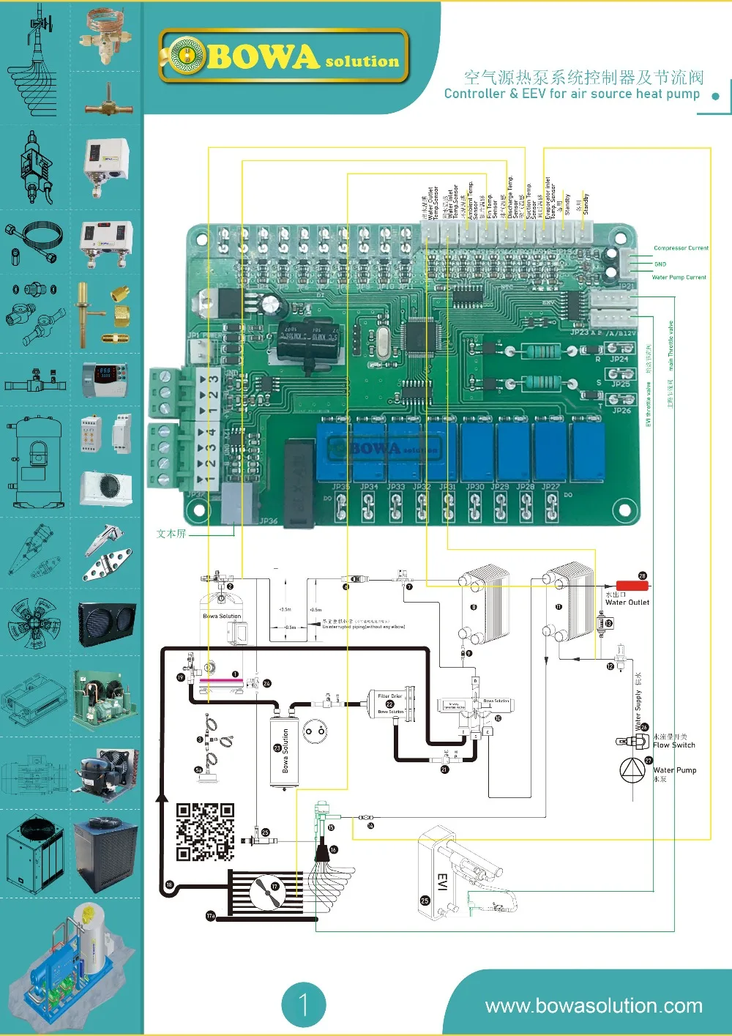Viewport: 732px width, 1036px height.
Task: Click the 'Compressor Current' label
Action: (x=681, y=248)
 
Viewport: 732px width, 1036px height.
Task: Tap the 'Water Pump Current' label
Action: (x=679, y=277)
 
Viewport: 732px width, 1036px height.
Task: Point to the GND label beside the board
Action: (x=660, y=264)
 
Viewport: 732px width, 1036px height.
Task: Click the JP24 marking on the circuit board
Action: (x=619, y=359)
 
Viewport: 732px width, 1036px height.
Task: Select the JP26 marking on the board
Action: (x=621, y=411)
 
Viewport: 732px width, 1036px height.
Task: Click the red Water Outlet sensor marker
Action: (x=631, y=585)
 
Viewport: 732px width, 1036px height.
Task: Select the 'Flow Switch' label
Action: (x=674, y=745)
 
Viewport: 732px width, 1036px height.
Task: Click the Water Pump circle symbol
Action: (x=632, y=771)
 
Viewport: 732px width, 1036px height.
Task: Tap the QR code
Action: (x=205, y=832)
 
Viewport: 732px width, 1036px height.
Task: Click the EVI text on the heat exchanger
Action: (x=441, y=882)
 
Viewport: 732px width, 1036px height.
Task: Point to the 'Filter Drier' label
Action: (x=389, y=696)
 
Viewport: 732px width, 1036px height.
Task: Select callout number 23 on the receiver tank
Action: (x=277, y=748)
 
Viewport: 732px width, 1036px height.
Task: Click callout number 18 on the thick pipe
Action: (x=169, y=885)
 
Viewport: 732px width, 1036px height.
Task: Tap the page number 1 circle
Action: (x=303, y=1004)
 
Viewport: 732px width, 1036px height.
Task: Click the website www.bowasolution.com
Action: (x=594, y=1006)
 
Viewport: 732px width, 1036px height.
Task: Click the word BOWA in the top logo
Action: (x=264, y=57)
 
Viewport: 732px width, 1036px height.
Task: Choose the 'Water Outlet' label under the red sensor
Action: (x=627, y=603)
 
